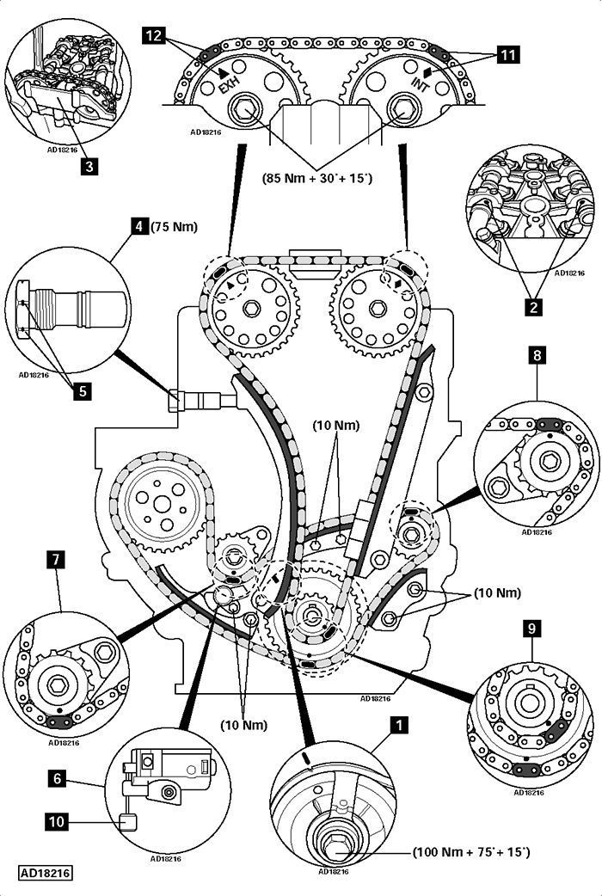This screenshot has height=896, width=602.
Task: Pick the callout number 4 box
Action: tap(138, 228)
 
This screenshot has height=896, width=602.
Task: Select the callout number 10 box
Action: tap(57, 822)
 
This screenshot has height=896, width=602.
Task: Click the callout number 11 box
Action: tap(509, 56)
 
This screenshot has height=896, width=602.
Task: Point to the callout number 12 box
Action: tap(154, 35)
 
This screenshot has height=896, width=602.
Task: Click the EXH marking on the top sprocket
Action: tap(228, 86)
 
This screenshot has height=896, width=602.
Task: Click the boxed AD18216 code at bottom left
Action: tap(46, 872)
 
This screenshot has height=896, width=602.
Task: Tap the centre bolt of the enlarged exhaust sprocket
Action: tap(244, 109)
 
